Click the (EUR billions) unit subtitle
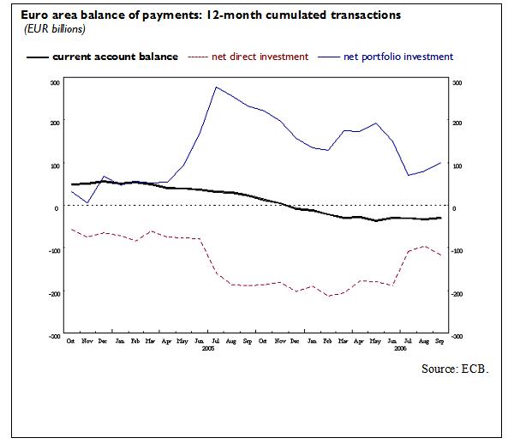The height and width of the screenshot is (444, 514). (48, 29)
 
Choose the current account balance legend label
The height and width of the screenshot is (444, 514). (116, 57)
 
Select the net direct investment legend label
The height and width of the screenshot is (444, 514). (260, 57)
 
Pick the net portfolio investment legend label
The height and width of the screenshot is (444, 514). (398, 57)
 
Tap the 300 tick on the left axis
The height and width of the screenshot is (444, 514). (55, 83)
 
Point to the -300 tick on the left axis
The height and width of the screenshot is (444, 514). (54, 337)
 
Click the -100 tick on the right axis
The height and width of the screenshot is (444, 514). (457, 251)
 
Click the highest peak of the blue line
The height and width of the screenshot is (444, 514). (215, 87)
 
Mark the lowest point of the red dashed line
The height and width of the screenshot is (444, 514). (327, 297)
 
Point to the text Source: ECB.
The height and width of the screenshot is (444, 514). (454, 369)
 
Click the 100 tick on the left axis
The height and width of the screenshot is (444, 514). (55, 165)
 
